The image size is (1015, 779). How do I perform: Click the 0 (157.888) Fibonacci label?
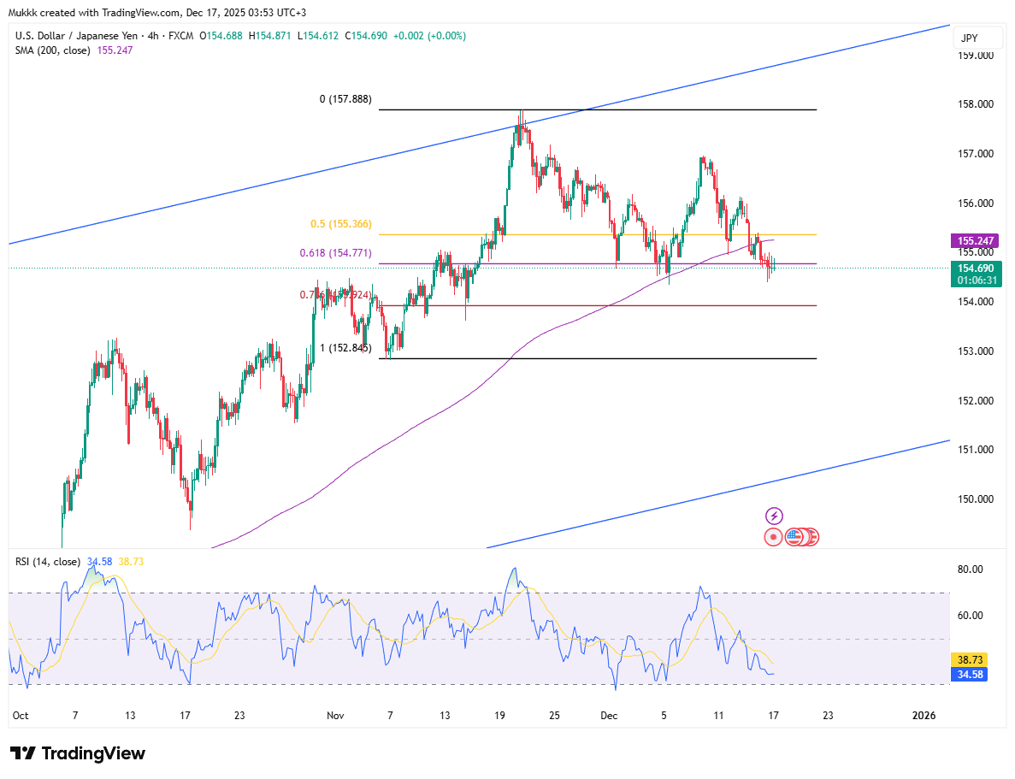coord(345,99)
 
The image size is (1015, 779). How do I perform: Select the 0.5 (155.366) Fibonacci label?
coord(340,224)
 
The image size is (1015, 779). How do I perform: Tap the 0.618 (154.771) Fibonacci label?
coord(335,253)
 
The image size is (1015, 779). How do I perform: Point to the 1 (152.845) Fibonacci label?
coord(345,348)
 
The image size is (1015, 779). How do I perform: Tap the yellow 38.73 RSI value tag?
coord(969,660)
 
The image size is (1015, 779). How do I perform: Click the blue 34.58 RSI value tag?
coord(969,675)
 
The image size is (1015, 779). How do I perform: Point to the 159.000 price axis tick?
coord(975,56)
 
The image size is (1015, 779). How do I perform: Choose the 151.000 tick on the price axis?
coord(975,450)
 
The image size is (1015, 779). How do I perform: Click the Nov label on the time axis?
coord(333,716)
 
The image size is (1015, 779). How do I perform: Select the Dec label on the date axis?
coord(608,716)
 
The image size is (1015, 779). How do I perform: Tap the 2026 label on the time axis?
coord(924,716)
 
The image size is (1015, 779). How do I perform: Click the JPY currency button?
coord(969,38)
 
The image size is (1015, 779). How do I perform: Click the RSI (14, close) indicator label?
coord(48,562)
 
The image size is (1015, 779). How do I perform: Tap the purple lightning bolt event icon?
coord(774,516)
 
